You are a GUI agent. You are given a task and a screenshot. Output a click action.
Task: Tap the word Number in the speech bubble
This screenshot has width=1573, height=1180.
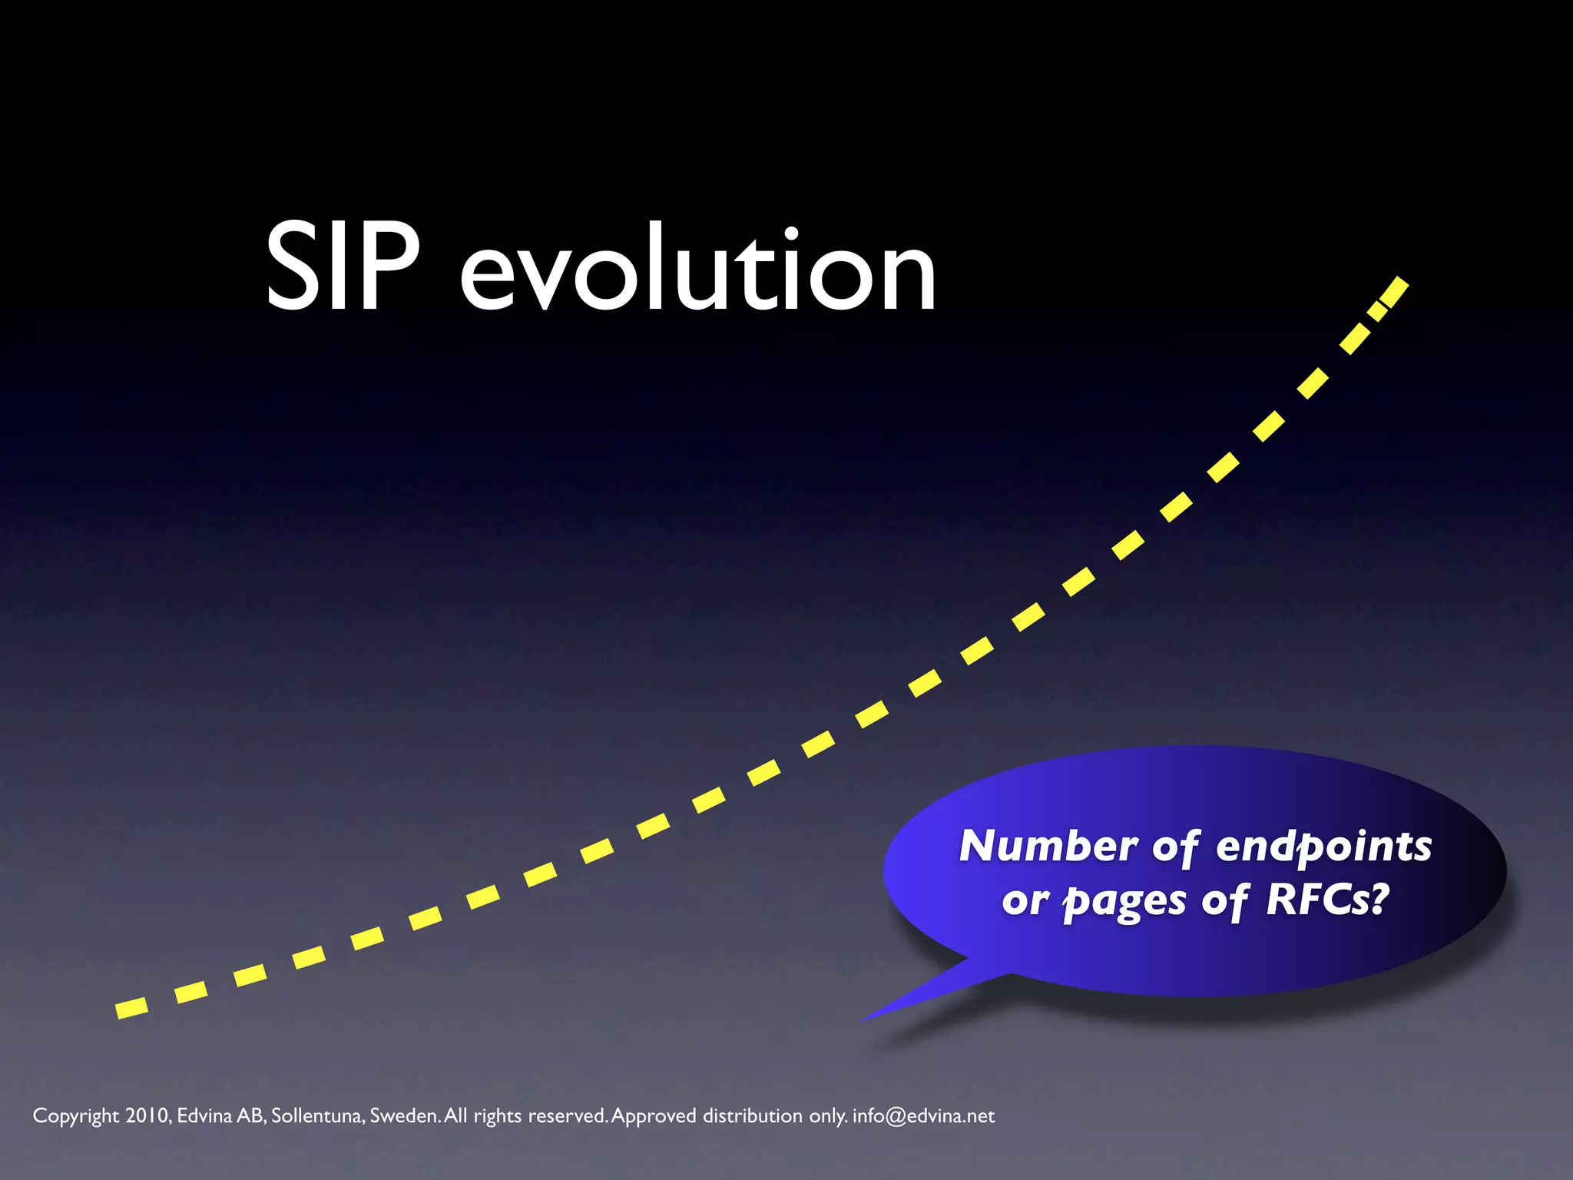click(x=1048, y=846)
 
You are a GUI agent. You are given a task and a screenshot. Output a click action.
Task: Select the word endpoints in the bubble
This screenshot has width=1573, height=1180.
click(x=1324, y=847)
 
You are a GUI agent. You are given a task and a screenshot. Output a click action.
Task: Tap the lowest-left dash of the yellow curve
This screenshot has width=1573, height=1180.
click(x=131, y=1008)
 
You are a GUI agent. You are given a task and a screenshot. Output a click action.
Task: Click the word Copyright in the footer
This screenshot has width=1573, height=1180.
click(x=75, y=1116)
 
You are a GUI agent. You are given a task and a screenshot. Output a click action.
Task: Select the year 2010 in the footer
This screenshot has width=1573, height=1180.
click(x=147, y=1115)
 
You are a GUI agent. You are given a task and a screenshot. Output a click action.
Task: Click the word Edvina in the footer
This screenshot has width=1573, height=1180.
click(x=204, y=1115)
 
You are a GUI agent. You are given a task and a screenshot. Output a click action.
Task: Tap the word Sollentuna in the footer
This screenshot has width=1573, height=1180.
click(x=316, y=1115)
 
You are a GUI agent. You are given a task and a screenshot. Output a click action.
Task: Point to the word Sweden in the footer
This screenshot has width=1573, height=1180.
click(x=404, y=1115)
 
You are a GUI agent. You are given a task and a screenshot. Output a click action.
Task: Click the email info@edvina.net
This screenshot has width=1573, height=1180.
click(x=923, y=1115)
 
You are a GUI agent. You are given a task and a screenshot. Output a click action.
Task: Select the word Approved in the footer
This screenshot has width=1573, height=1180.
click(x=654, y=1116)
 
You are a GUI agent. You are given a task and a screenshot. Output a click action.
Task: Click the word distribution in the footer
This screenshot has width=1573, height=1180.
click(x=753, y=1115)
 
